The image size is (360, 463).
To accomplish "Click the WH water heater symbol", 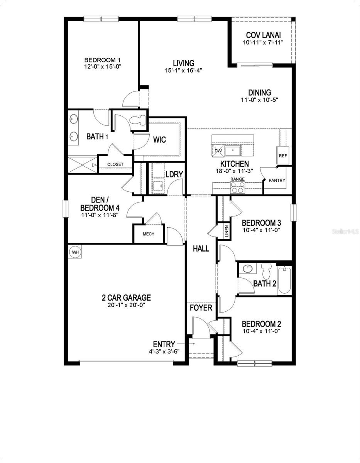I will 75,252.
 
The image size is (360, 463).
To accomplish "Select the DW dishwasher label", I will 218,150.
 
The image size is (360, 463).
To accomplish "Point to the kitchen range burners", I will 237,187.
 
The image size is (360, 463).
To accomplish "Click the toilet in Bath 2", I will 266,271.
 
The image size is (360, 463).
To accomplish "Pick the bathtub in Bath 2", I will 284,281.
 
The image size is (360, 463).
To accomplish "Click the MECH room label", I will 149,234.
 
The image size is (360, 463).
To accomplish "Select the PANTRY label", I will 277,180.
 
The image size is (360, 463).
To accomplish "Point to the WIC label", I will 160,140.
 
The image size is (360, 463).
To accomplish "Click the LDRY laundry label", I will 174,174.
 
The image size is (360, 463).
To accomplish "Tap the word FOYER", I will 201,308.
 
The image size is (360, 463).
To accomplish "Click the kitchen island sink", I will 233,150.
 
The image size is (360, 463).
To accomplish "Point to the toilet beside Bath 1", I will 137,121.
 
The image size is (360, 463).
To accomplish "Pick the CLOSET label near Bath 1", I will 115,164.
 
